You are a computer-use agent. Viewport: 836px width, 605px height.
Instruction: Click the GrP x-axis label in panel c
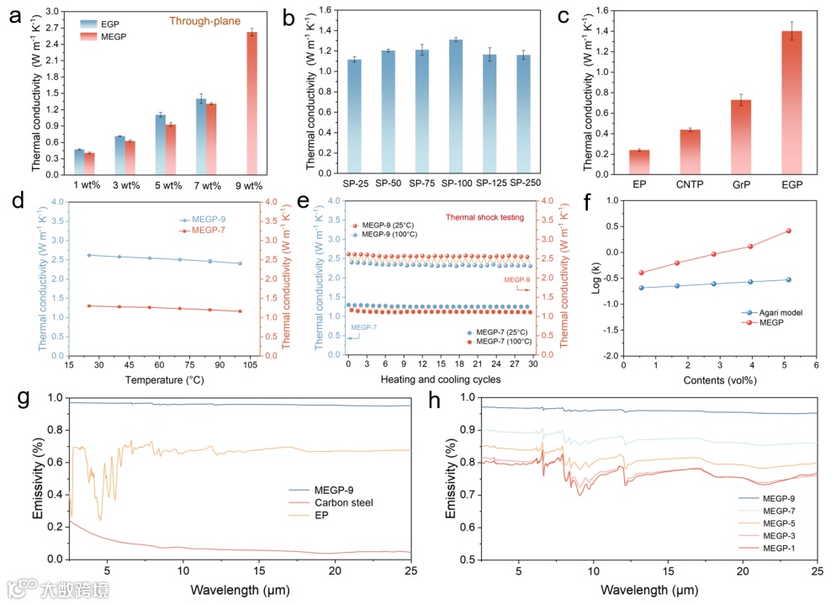click(x=740, y=184)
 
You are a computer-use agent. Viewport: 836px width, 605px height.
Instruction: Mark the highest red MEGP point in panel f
click(x=788, y=231)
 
